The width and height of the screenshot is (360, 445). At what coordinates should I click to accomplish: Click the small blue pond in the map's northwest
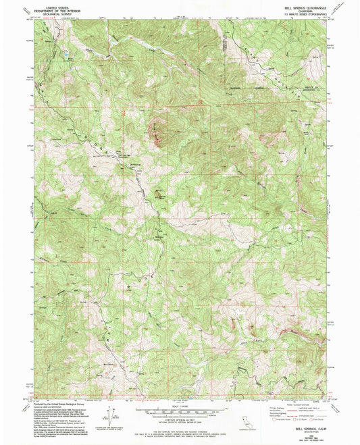point(68,51)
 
